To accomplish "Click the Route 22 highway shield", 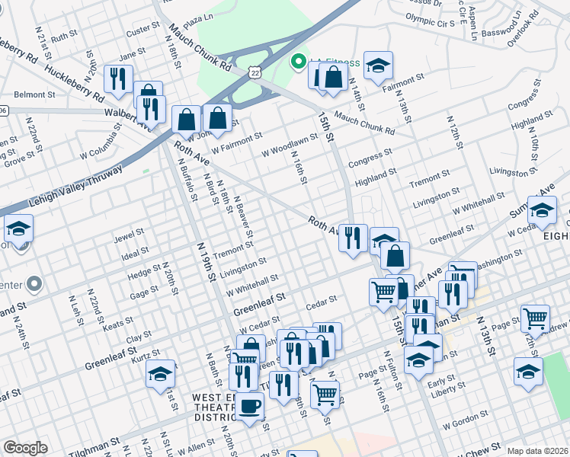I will click(x=253, y=71).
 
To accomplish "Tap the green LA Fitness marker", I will click(x=298, y=61).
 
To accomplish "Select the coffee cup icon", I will click(x=249, y=406).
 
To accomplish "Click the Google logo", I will click(x=25, y=448).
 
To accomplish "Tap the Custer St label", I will click(x=142, y=30).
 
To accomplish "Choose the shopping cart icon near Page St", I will click(x=536, y=318).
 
